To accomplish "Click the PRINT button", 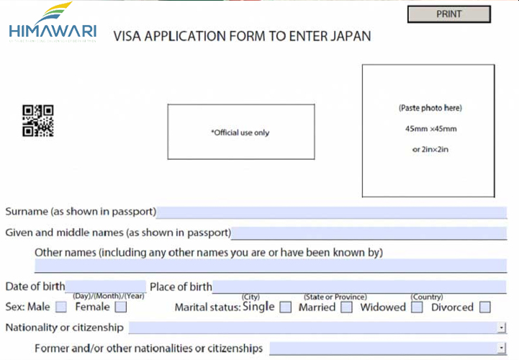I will [448, 14].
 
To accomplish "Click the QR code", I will [38, 120].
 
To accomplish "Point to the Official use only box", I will [241, 132].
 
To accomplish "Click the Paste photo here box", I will [428, 130].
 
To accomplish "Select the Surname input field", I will [331, 212].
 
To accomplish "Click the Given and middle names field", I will [369, 233].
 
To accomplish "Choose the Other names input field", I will [270, 265].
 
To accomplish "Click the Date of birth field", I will [106, 287].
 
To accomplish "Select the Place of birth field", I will [359, 287].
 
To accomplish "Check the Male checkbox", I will [60, 307].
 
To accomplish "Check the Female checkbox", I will [120, 307].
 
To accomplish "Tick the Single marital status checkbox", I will [286, 307].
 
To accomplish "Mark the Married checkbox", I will [346, 307].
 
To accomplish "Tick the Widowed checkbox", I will [417, 307].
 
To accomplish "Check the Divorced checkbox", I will [484, 307].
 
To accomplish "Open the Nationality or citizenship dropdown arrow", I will [501, 328].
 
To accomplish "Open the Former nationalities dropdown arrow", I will [501, 348].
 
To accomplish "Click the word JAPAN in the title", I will [349, 35].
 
